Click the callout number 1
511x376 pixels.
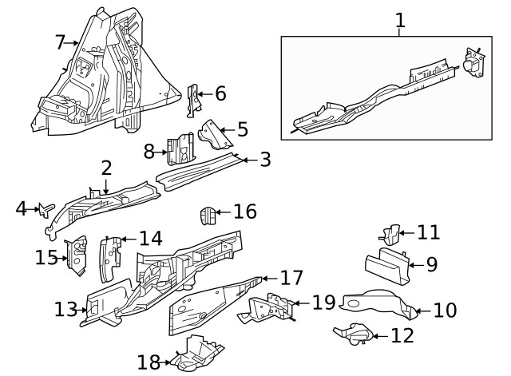click(400, 20)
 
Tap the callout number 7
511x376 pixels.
click(60, 42)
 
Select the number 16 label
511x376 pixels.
click(245, 212)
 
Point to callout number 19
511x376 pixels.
click(323, 303)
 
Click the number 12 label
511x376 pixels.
click(402, 335)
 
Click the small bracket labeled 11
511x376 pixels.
click(389, 234)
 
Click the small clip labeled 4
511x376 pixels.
click(46, 210)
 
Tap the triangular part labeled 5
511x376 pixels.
click(213, 134)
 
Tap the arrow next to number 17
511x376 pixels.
click(266, 279)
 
